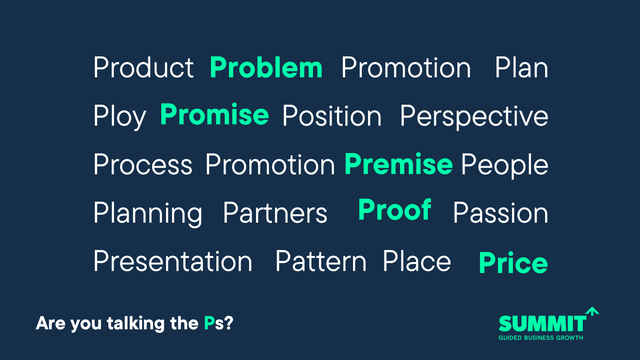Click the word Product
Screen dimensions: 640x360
144,68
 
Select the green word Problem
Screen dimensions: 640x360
266,68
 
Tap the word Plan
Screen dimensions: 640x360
522,68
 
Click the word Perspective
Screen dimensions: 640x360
474,117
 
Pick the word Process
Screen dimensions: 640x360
143,165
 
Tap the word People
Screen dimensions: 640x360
505,166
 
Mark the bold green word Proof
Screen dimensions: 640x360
395,210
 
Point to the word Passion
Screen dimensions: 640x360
501,213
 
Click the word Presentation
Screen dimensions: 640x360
173,261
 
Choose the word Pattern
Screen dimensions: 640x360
321,261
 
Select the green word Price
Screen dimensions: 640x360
513,263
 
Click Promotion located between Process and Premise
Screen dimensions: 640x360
270,165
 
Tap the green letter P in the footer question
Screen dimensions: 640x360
209,323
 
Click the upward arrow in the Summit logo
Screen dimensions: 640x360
592,311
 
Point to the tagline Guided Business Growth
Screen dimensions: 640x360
541,338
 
